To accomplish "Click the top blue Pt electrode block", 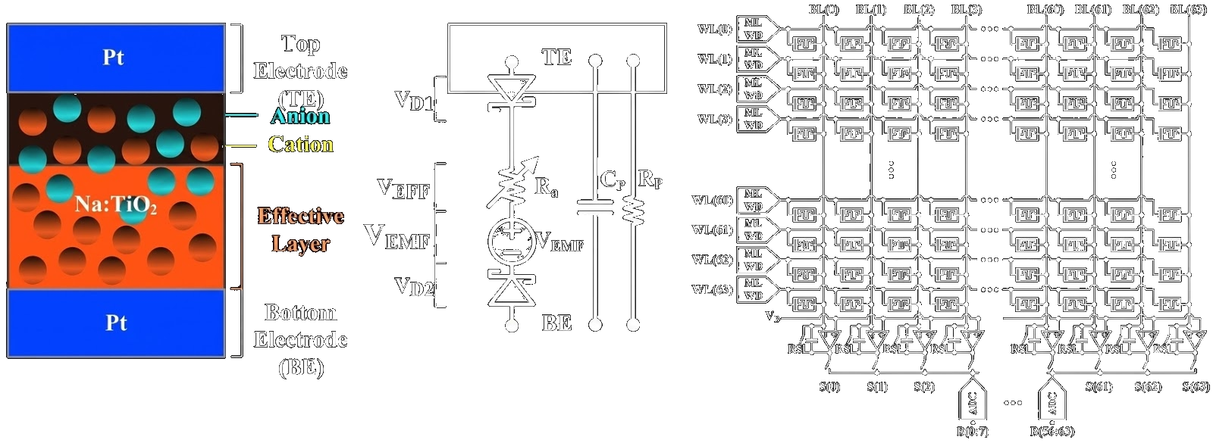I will [x=116, y=58].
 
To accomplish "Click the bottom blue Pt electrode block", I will [x=116, y=323].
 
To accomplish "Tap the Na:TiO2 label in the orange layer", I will [x=115, y=204].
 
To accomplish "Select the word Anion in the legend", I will [x=300, y=116].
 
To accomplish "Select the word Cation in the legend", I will [x=300, y=145].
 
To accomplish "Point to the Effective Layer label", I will [x=300, y=230].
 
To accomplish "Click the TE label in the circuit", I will [x=556, y=57].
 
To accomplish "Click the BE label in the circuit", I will [x=556, y=323].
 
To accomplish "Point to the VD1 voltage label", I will [x=415, y=100].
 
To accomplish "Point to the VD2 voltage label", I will [x=414, y=286].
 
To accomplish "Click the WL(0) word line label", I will [x=715, y=30].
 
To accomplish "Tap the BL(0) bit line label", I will [x=823, y=10].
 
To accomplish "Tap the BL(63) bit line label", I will [x=1189, y=10].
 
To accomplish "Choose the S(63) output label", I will [x=1196, y=388].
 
